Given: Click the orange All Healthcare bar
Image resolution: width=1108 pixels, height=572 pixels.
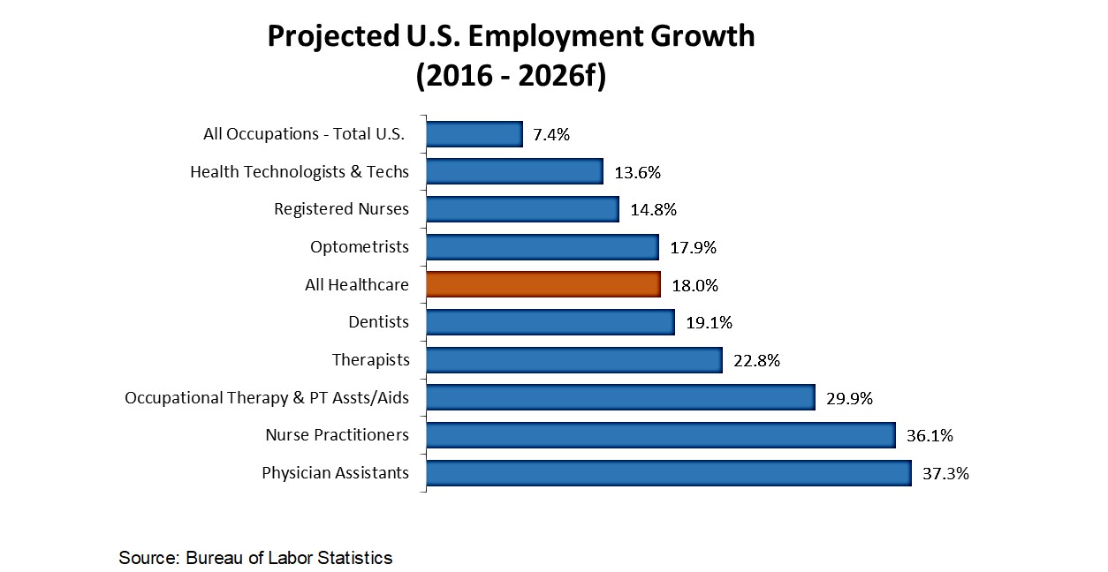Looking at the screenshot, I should [x=543, y=284].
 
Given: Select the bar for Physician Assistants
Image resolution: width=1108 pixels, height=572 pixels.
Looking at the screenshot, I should [x=668, y=473].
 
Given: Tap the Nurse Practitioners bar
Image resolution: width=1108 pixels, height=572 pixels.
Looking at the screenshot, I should [x=660, y=435].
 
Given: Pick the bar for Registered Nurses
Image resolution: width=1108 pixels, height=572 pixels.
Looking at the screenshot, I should [x=521, y=209].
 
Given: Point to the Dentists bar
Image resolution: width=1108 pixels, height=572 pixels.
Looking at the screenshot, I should [x=550, y=322].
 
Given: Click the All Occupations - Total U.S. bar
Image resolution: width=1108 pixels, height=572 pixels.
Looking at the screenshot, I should [x=474, y=134].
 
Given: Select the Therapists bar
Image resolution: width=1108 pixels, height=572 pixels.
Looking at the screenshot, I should [x=574, y=360].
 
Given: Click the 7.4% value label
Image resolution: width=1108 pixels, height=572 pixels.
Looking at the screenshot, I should [x=551, y=135].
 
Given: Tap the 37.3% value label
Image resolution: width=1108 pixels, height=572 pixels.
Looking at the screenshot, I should [x=945, y=474].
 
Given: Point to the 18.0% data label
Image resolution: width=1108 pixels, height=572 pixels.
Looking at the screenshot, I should [x=694, y=286].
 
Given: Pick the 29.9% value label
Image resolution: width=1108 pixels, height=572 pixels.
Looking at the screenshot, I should [x=849, y=399].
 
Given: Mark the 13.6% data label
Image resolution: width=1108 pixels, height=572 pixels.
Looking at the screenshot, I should [x=637, y=173].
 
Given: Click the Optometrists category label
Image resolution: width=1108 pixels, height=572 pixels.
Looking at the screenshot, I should [x=360, y=247].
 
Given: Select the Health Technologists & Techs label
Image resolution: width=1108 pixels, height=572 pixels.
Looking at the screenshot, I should [x=300, y=172].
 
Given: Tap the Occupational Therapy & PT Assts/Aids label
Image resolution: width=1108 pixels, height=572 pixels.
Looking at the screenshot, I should [x=267, y=398].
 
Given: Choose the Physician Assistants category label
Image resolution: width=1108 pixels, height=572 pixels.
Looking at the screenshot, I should [x=335, y=473].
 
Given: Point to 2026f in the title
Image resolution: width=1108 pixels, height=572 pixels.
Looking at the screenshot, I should [x=556, y=76].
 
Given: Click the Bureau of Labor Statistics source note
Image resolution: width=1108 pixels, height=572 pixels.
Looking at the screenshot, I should [x=289, y=558].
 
